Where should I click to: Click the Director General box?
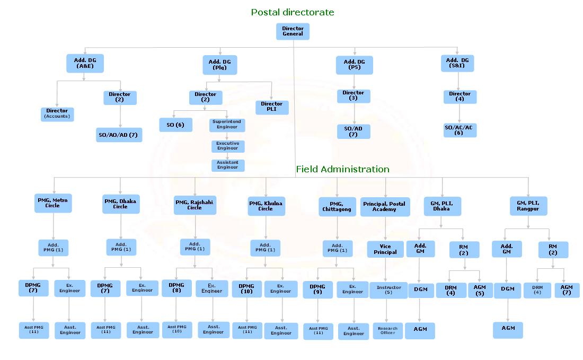tap(293, 31)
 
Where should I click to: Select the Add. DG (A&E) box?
tap(85, 64)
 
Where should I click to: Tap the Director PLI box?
tap(272, 107)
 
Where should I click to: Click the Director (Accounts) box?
tap(57, 114)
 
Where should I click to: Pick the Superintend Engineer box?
tap(227, 125)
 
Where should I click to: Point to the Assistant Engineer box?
tap(227, 165)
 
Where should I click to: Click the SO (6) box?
tap(175, 125)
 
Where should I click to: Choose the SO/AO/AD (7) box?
tap(119, 135)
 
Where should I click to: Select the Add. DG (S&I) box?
tap(457, 64)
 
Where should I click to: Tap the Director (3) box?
tap(354, 96)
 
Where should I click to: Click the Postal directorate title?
tap(293, 12)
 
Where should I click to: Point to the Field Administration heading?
tap(342, 169)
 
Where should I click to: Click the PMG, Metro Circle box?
tap(52, 203)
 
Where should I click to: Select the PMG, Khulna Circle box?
tap(266, 206)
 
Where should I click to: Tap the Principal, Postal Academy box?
tap(385, 207)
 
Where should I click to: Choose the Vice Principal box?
tap(385, 249)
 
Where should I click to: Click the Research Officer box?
tap(387, 331)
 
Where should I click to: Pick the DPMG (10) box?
tap(246, 289)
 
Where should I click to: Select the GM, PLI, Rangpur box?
tap(528, 206)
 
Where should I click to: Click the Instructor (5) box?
tap(388, 290)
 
